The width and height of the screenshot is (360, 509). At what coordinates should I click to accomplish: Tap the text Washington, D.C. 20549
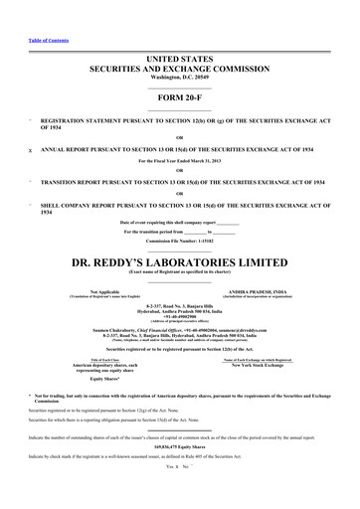coord(179,59)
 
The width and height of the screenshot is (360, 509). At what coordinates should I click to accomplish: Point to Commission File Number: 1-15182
coord(179,214)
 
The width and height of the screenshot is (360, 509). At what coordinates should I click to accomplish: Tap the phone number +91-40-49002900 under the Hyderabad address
coord(179,291)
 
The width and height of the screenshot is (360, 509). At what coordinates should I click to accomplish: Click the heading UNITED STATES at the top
coord(179,35)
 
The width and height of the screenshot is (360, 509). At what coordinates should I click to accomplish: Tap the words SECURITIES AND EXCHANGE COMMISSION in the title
coord(179,48)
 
